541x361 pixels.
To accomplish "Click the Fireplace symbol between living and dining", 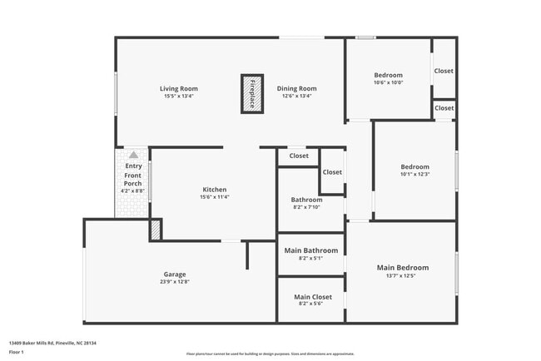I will click(253, 93).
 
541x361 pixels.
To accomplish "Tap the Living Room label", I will click(179, 88).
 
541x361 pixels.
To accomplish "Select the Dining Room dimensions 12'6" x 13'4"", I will click(296, 96).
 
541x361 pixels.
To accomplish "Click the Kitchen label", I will click(215, 190).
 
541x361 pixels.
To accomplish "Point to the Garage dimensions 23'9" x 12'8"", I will click(175, 282).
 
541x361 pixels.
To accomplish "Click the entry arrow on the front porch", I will click(133, 155).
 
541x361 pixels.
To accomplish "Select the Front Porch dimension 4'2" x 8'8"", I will click(133, 191).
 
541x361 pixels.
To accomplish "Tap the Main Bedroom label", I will click(403, 268).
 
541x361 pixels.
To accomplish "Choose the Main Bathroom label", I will click(311, 250).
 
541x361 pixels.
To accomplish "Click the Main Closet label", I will click(311, 296).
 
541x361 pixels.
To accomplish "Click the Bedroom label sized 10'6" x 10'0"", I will click(388, 75).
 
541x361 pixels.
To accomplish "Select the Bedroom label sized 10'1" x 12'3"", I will click(414, 166).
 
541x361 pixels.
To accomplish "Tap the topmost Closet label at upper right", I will click(444, 71).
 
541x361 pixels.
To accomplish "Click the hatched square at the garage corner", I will click(156, 230).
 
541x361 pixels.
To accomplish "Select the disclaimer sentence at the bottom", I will click(270, 353).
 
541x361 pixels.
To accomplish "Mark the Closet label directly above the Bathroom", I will click(299, 156).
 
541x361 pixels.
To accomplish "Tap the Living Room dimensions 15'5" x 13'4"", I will click(179, 96).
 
